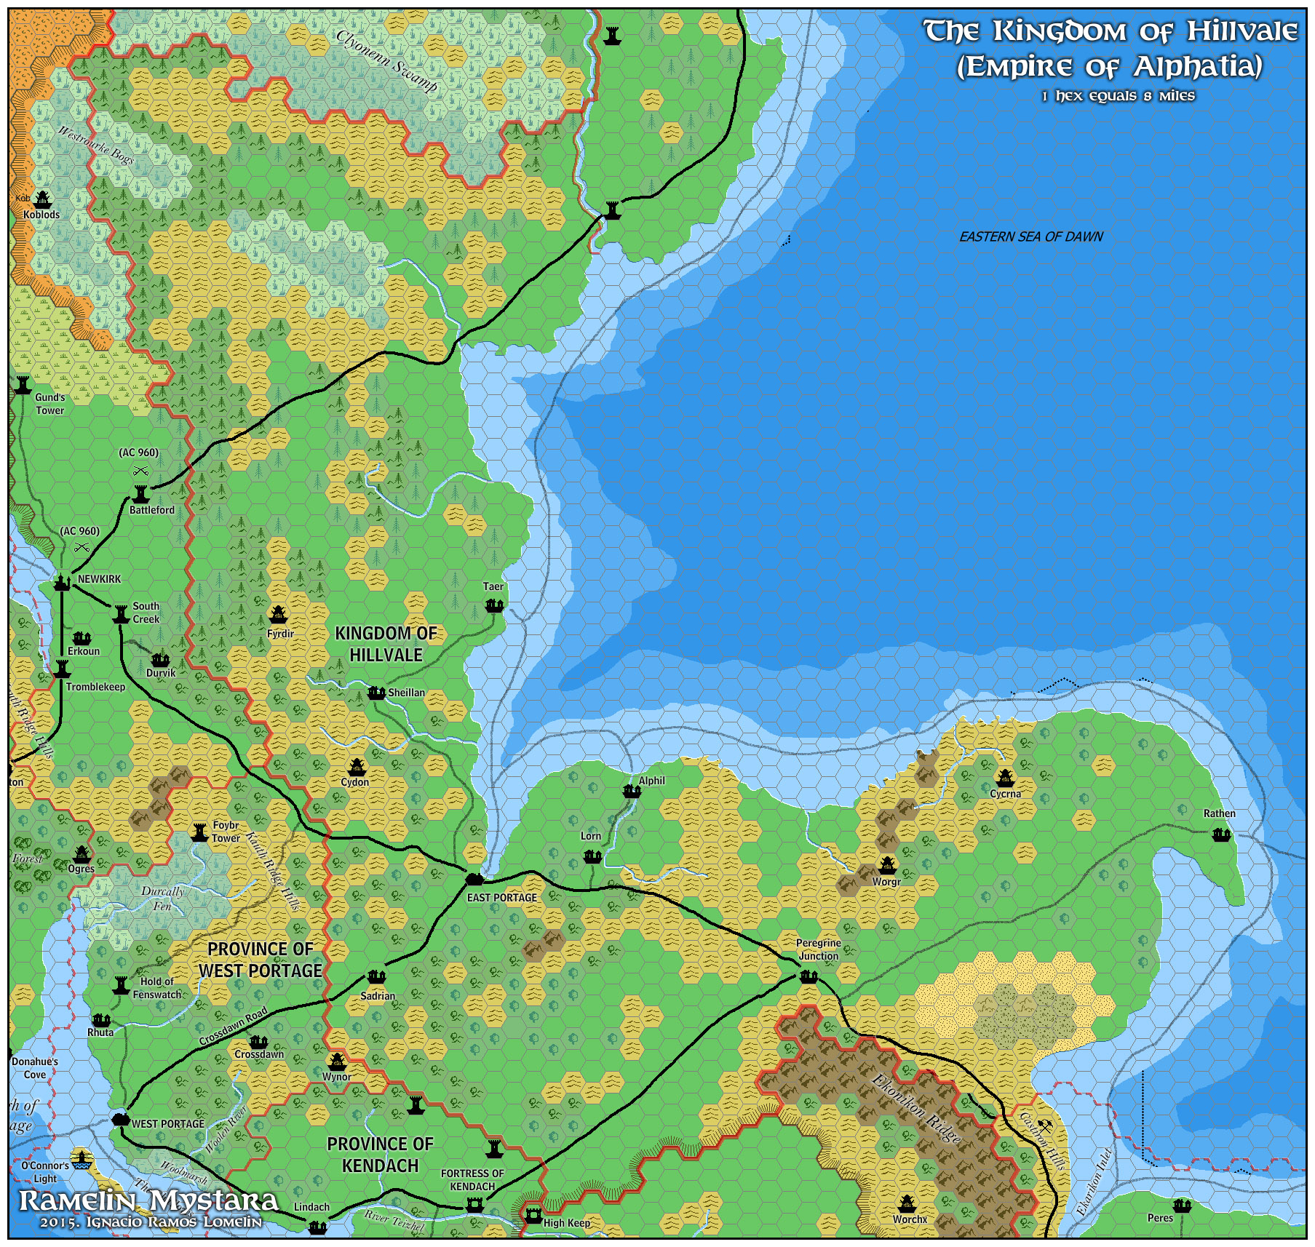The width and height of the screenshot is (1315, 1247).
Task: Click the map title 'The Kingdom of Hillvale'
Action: (x=1110, y=31)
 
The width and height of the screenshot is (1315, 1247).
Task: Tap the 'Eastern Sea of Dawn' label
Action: (x=1030, y=236)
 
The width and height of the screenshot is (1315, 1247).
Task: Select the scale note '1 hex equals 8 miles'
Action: (x=1118, y=96)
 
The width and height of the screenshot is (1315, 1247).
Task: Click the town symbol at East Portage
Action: (x=474, y=879)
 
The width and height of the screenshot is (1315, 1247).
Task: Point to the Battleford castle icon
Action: (x=140, y=493)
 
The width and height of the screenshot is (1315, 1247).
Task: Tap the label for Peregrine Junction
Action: (x=818, y=949)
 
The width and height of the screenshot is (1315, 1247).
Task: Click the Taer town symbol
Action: (x=494, y=605)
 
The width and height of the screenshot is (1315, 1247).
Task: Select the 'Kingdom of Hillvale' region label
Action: (x=386, y=644)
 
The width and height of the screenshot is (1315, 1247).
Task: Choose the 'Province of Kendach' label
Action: (x=380, y=1155)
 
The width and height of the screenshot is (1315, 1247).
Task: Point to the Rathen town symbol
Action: (x=1221, y=834)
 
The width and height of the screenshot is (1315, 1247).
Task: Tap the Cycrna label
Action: (x=1005, y=794)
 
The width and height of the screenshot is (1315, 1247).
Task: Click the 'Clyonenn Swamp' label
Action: (x=386, y=62)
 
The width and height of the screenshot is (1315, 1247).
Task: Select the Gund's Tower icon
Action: (x=23, y=383)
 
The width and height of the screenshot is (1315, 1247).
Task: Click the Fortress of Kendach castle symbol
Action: (x=474, y=1206)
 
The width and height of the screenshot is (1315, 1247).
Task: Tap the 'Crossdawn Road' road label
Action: (x=233, y=1027)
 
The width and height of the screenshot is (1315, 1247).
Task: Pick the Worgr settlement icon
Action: (x=886, y=864)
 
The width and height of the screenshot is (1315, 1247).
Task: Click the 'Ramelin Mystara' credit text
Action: (x=148, y=1201)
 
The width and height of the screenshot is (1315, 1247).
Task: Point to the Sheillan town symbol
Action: (x=376, y=693)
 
